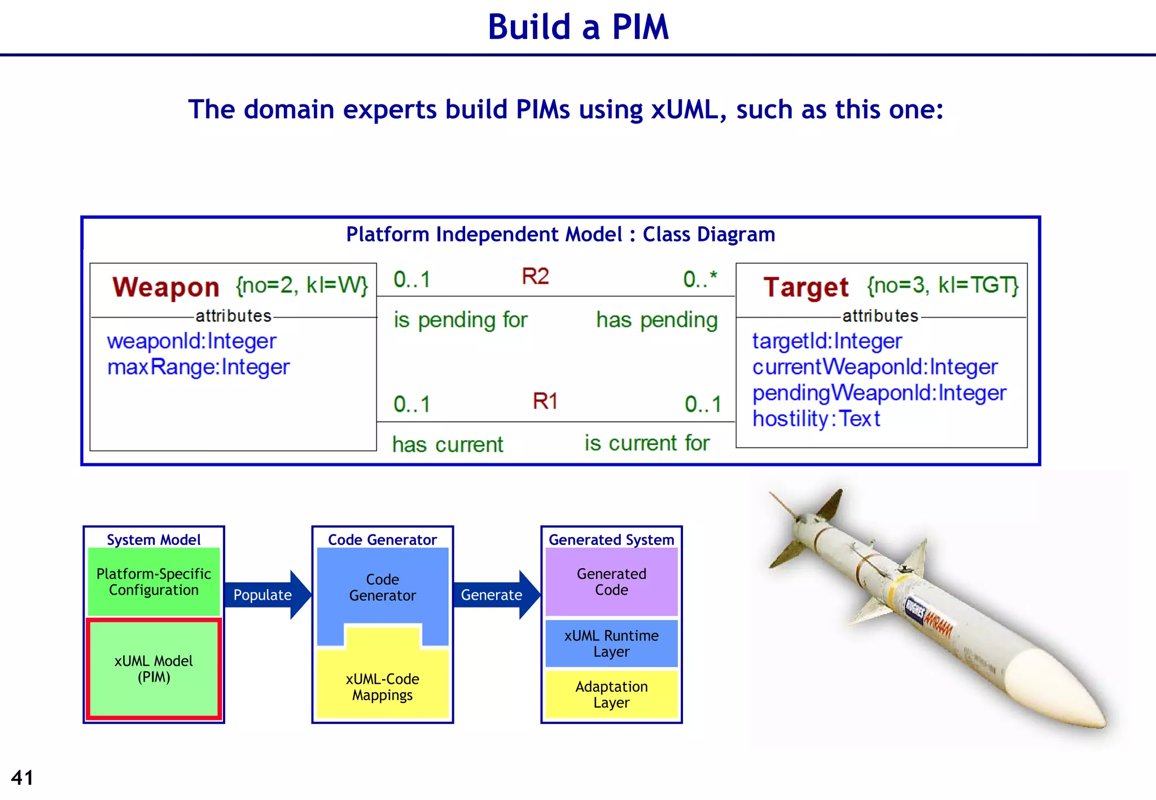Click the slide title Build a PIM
point(578,27)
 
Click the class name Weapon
point(165,287)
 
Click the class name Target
point(805,287)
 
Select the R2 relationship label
point(535,276)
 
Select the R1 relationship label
point(545,401)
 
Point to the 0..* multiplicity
point(700,279)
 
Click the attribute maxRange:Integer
point(198,367)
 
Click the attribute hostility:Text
point(816,419)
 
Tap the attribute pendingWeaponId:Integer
point(879,393)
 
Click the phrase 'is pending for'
point(461,320)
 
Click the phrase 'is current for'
point(647,443)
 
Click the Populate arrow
point(265,595)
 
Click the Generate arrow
point(494,595)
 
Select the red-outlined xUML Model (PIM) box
point(154,669)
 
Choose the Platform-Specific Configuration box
point(154,582)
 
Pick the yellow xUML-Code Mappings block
point(382,686)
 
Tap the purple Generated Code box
point(611,582)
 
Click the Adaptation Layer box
point(611,694)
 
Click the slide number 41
point(22,777)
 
